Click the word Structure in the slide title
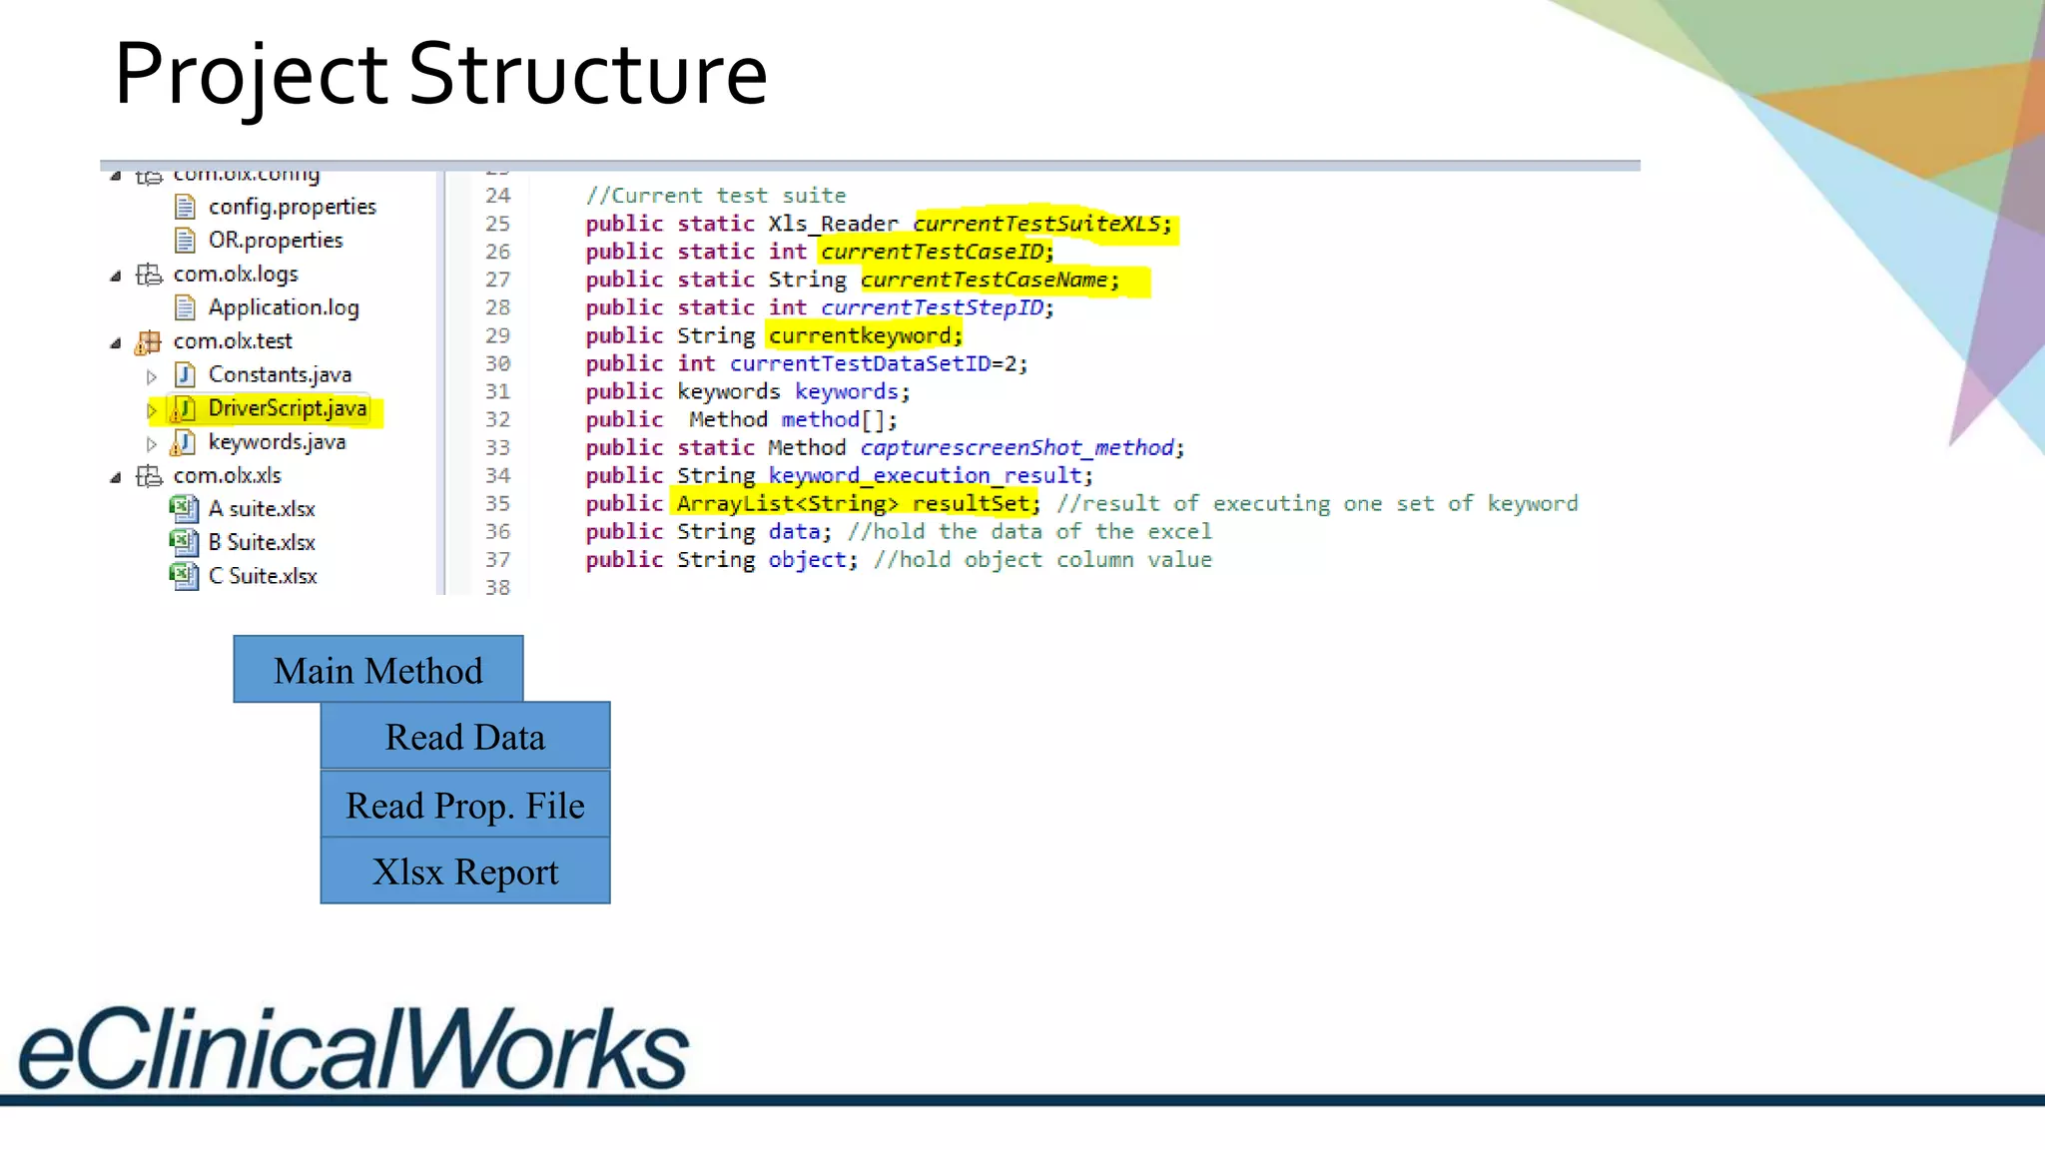pyautogui.click(x=588, y=75)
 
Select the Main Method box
pyautogui.click(x=377, y=671)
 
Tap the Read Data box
pyautogui.click(x=464, y=738)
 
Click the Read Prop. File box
pyautogui.click(x=464, y=806)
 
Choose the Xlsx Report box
pyautogui.click(x=464, y=872)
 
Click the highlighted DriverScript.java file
pyautogui.click(x=287, y=408)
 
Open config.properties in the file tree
pyautogui.click(x=292, y=207)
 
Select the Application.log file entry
pyautogui.click(x=283, y=307)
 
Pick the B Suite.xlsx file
pyautogui.click(x=261, y=542)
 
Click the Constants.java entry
pyautogui.click(x=279, y=374)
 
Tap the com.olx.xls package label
pyautogui.click(x=227, y=475)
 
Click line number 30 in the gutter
pyautogui.click(x=497, y=363)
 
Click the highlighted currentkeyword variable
pyautogui.click(x=864, y=335)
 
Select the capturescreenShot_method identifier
pyautogui.click(x=1017, y=447)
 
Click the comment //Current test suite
pyautogui.click(x=715, y=196)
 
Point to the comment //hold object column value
pyautogui.click(x=1041, y=559)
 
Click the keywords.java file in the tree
pyautogui.click(x=277, y=442)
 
